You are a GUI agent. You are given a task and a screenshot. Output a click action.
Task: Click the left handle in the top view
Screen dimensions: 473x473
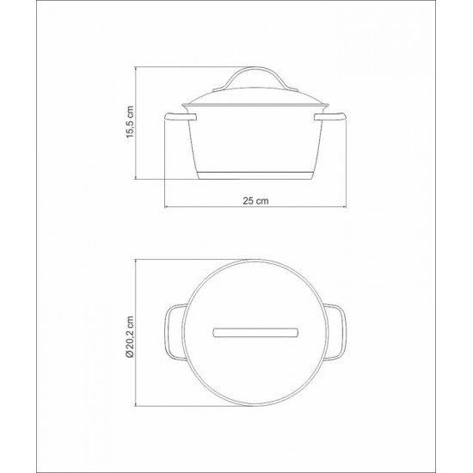click(172, 331)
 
